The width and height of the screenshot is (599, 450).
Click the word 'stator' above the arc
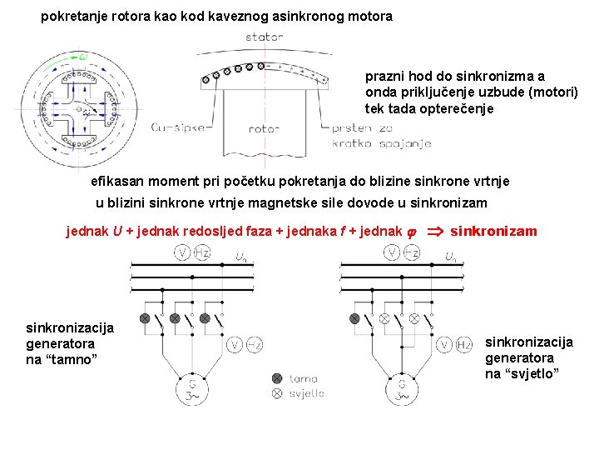click(265, 37)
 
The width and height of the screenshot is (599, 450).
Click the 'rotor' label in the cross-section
click(264, 129)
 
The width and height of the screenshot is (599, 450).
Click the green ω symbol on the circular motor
click(82, 57)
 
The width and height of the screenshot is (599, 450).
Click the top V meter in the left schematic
click(181, 252)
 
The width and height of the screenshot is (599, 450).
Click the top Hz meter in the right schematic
click(412, 252)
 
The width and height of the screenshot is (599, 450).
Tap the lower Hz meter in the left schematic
click(256, 344)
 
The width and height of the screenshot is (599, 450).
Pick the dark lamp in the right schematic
click(355, 318)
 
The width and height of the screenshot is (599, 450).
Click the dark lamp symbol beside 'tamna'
click(277, 378)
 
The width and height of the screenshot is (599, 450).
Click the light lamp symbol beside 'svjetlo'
click(277, 393)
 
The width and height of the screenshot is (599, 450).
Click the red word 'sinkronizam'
click(493, 231)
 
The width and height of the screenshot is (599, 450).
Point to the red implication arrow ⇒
click(435, 232)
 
